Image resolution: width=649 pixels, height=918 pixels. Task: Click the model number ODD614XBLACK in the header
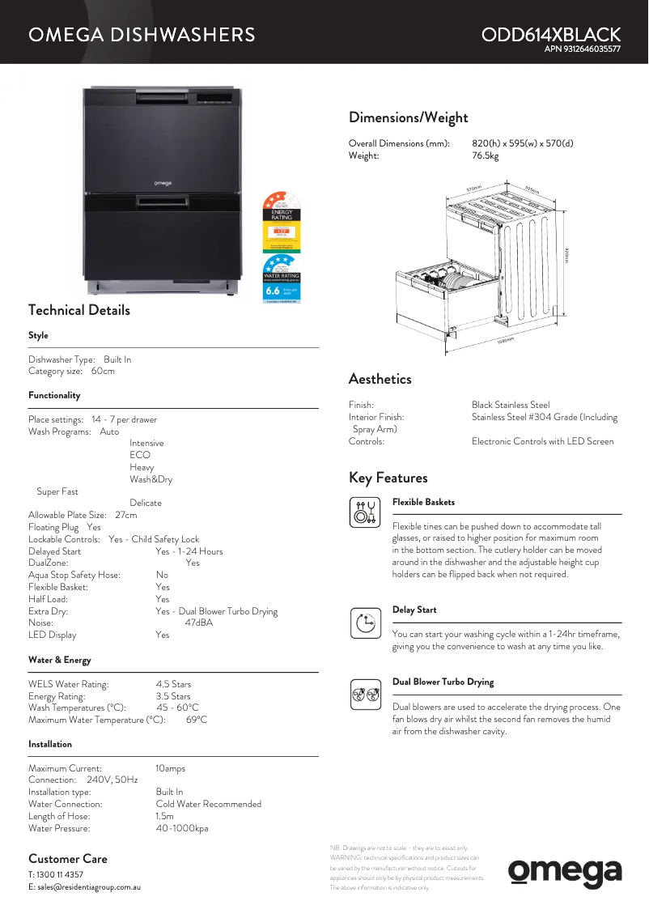tap(550, 35)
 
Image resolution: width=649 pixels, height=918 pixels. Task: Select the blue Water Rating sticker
tap(281, 279)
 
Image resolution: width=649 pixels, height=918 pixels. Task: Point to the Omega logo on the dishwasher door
tap(163, 184)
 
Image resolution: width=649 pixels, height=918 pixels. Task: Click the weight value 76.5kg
tap(486, 155)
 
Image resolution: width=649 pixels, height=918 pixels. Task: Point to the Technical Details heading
tap(78, 310)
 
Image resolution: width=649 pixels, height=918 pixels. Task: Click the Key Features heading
tap(388, 478)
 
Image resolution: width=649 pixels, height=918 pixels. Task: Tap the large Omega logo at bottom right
tap(565, 872)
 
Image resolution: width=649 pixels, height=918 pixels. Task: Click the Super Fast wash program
tap(57, 491)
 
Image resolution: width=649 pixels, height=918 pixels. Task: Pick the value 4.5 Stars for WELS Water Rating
tap(173, 684)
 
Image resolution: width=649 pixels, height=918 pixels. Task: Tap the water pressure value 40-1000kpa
tap(182, 828)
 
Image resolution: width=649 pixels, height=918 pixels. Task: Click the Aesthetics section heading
tap(380, 379)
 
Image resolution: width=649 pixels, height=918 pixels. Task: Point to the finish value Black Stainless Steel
tap(511, 405)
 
